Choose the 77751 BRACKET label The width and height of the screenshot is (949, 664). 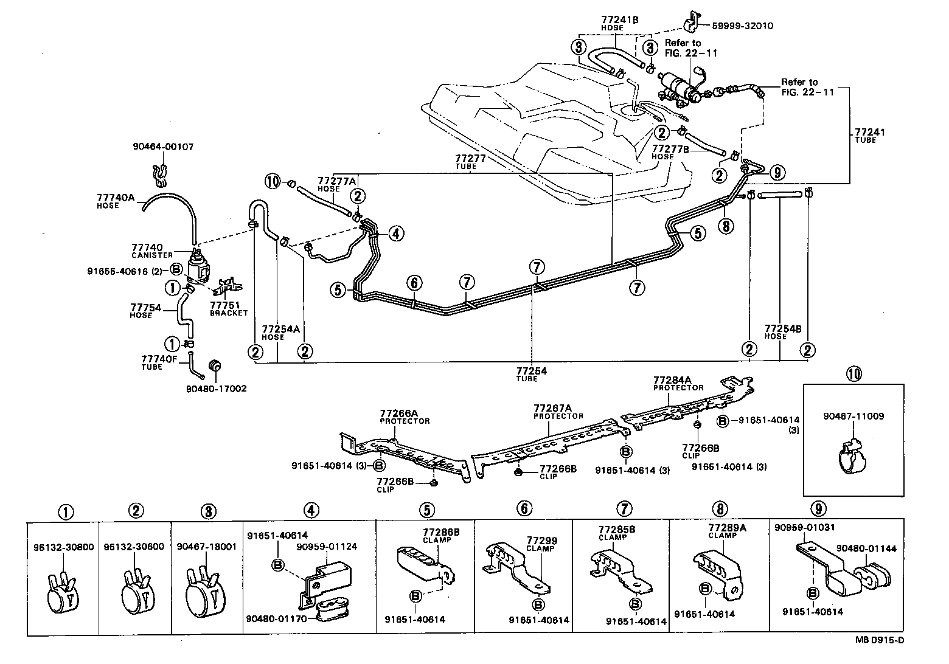point(229,309)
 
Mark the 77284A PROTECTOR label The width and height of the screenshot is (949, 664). point(678,383)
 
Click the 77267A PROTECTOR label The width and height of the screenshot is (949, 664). point(558,412)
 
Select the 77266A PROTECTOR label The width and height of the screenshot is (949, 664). point(405,416)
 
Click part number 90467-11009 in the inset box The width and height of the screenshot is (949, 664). point(853,417)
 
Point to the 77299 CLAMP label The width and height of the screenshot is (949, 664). point(541,544)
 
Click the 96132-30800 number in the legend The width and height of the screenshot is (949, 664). point(63,547)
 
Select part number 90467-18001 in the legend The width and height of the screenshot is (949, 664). point(206,547)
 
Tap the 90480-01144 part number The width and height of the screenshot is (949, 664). point(866,548)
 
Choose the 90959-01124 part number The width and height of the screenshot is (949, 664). point(327,546)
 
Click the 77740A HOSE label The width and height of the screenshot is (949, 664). point(115,201)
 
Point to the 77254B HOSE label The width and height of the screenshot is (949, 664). point(783,332)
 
